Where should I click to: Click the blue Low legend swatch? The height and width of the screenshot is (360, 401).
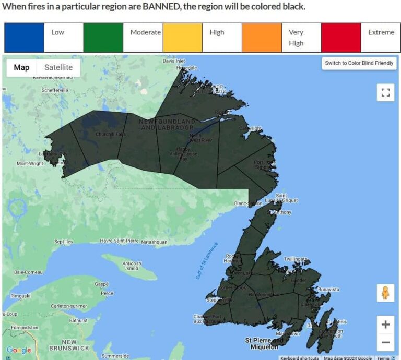pos(24,38)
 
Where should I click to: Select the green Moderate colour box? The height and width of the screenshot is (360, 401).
pos(103,38)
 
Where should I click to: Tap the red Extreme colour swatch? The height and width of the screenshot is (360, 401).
pos(341,38)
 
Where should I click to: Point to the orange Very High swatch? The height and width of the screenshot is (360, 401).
pos(262,38)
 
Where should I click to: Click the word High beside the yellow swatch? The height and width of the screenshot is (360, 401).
pos(217,32)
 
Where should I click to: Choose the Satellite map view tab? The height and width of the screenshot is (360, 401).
pos(58,67)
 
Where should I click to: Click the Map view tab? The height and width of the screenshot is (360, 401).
pos(21,67)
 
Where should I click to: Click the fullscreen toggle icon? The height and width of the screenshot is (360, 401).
pos(385,93)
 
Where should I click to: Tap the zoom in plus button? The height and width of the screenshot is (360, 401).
pos(385,325)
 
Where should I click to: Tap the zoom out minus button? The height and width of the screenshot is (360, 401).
pos(385,342)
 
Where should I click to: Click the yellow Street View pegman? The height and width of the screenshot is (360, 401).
pos(385,293)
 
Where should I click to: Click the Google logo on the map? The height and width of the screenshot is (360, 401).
pos(19,350)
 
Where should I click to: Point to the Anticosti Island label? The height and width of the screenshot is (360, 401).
pos(132,266)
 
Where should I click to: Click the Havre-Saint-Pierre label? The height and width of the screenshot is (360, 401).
pos(119,241)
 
